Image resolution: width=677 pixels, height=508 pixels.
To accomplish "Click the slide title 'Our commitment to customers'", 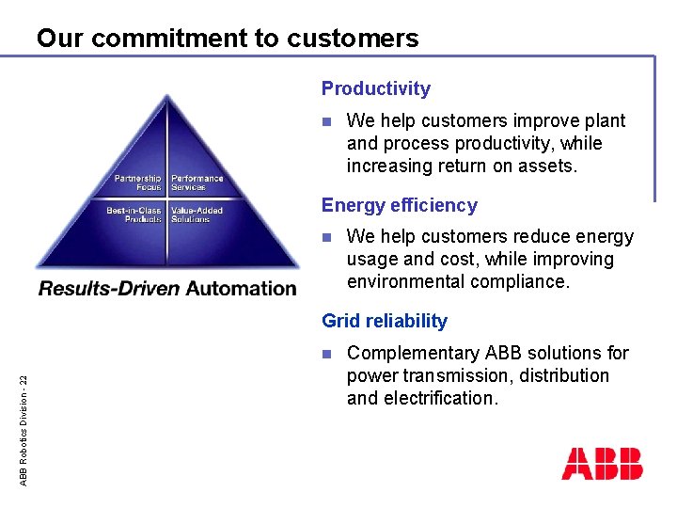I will tap(228, 39).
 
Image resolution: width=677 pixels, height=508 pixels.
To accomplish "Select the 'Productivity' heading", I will tap(375, 89).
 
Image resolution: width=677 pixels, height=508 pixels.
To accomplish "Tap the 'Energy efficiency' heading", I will tap(399, 205).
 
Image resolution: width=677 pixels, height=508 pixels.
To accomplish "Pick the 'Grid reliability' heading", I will tap(384, 321).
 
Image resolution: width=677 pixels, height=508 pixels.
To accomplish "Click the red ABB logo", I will tap(602, 464).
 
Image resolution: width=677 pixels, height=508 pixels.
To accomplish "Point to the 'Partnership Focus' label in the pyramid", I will tap(137, 183).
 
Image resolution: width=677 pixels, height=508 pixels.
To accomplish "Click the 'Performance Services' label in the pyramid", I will tap(197, 183).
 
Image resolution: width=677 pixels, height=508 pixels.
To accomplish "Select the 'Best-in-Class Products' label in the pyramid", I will tap(134, 214).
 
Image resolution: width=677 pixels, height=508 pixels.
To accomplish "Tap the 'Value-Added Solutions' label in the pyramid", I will tap(197, 214).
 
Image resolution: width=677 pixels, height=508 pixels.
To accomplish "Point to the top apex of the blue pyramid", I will tap(167, 94).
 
